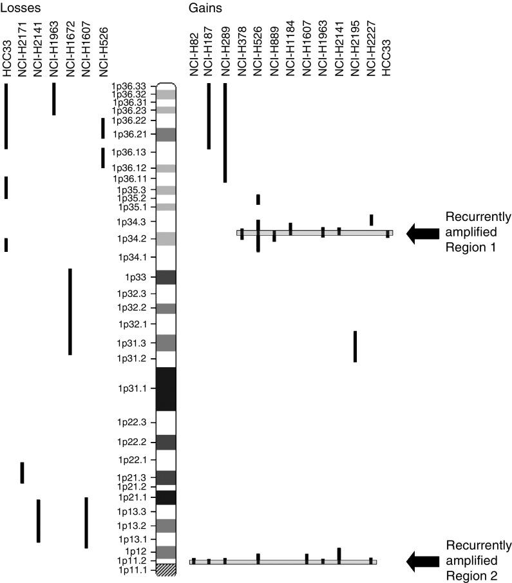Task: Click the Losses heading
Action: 21,8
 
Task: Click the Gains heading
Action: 203,8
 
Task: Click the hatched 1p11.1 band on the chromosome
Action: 166,570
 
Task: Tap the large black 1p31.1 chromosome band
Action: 166,388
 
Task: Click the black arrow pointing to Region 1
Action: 421,233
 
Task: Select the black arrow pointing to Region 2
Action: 421,562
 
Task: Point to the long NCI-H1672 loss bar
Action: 70,312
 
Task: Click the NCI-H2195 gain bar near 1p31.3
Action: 355,346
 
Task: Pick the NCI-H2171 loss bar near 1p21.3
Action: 22,472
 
